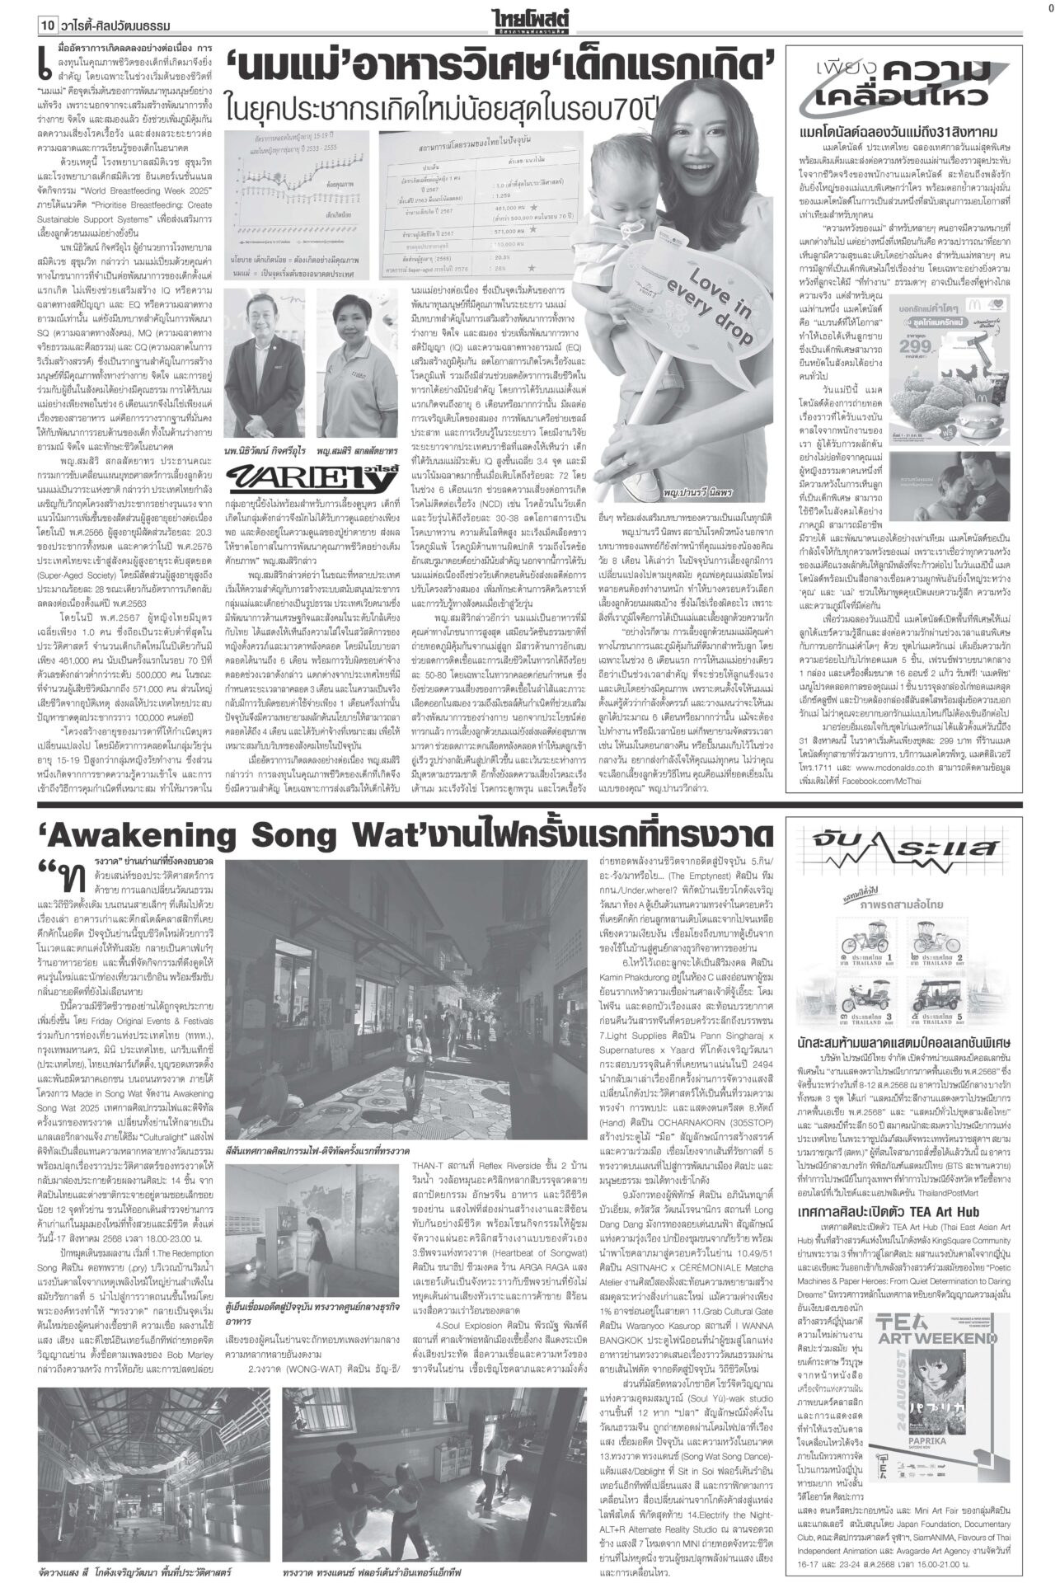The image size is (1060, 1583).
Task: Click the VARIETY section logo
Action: pos(284,476)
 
